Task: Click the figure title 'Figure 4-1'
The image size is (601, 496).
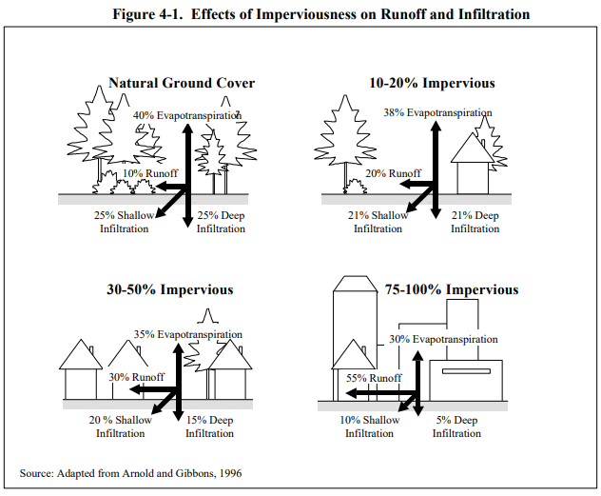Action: pyautogui.click(x=146, y=14)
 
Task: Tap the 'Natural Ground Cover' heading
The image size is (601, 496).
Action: pyautogui.click(x=182, y=83)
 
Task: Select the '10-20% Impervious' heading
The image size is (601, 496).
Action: pyautogui.click(x=432, y=83)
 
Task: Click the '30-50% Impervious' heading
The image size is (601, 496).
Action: pyautogui.click(x=170, y=289)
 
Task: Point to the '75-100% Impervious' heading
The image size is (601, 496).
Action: pyautogui.click(x=452, y=289)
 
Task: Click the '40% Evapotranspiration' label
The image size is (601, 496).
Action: pyautogui.click(x=187, y=115)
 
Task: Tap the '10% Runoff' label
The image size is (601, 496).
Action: pyautogui.click(x=150, y=173)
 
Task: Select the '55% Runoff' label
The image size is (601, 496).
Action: pyautogui.click(x=374, y=378)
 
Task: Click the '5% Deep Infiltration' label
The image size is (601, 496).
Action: pyautogui.click(x=456, y=427)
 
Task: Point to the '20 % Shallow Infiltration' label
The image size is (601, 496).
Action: pyautogui.click(x=121, y=427)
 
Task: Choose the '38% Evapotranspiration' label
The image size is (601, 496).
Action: pyautogui.click(x=437, y=112)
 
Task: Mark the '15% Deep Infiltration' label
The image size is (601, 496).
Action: pyautogui.click(x=209, y=427)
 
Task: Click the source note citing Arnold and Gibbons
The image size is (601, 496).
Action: pyautogui.click(x=130, y=473)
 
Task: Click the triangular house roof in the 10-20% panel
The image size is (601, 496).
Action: pyautogui.click(x=473, y=149)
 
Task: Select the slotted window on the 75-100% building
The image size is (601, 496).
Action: pyautogui.click(x=466, y=371)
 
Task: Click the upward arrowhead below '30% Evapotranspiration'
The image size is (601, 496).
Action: pyautogui.click(x=417, y=355)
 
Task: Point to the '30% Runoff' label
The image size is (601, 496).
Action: pyautogui.click(x=136, y=377)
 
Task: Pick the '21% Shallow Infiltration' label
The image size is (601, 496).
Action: pyautogui.click(x=378, y=222)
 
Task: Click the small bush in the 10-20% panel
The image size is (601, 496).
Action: pyautogui.click(x=356, y=187)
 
